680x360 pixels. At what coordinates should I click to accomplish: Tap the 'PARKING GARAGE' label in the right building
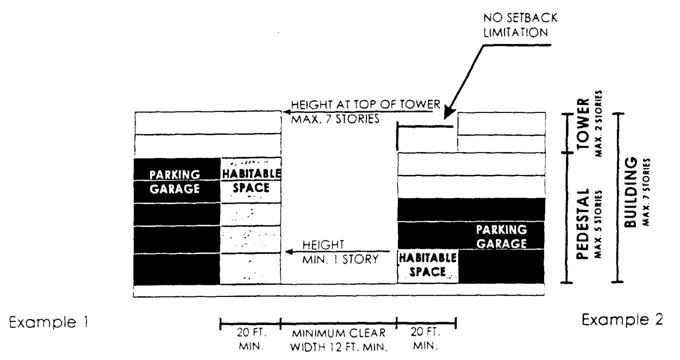point(501,236)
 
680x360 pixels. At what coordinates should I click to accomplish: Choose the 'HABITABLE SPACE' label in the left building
point(251,180)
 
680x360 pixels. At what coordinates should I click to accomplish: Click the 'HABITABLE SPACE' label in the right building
point(427,265)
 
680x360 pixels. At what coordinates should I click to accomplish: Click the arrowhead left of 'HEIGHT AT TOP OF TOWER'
point(287,111)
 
